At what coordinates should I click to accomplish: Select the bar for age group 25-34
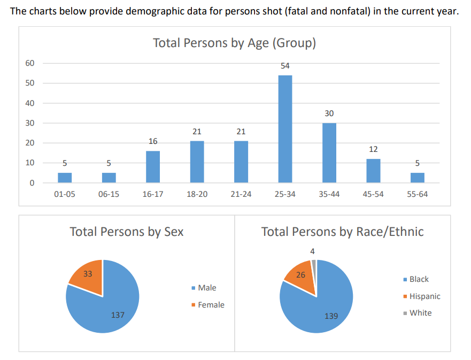click(x=285, y=128)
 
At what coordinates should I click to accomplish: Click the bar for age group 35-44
click(x=329, y=152)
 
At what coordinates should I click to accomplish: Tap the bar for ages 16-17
click(x=153, y=167)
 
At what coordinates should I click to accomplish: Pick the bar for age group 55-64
click(x=418, y=178)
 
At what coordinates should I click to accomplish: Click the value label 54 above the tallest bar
click(x=285, y=66)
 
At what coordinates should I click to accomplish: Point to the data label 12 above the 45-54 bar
click(x=373, y=149)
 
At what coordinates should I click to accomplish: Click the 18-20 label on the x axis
click(x=197, y=194)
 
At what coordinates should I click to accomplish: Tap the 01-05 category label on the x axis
click(x=65, y=194)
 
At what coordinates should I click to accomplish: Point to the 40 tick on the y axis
click(x=30, y=103)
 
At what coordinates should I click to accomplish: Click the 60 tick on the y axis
click(x=30, y=63)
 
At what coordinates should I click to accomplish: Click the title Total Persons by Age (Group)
click(x=234, y=43)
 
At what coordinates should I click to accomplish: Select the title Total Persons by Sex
click(x=127, y=232)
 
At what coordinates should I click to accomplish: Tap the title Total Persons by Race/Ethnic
click(x=342, y=232)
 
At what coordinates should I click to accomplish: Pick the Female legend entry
click(x=211, y=305)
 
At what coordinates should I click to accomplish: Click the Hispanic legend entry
click(x=424, y=296)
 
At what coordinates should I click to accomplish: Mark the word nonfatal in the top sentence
click(x=337, y=12)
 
